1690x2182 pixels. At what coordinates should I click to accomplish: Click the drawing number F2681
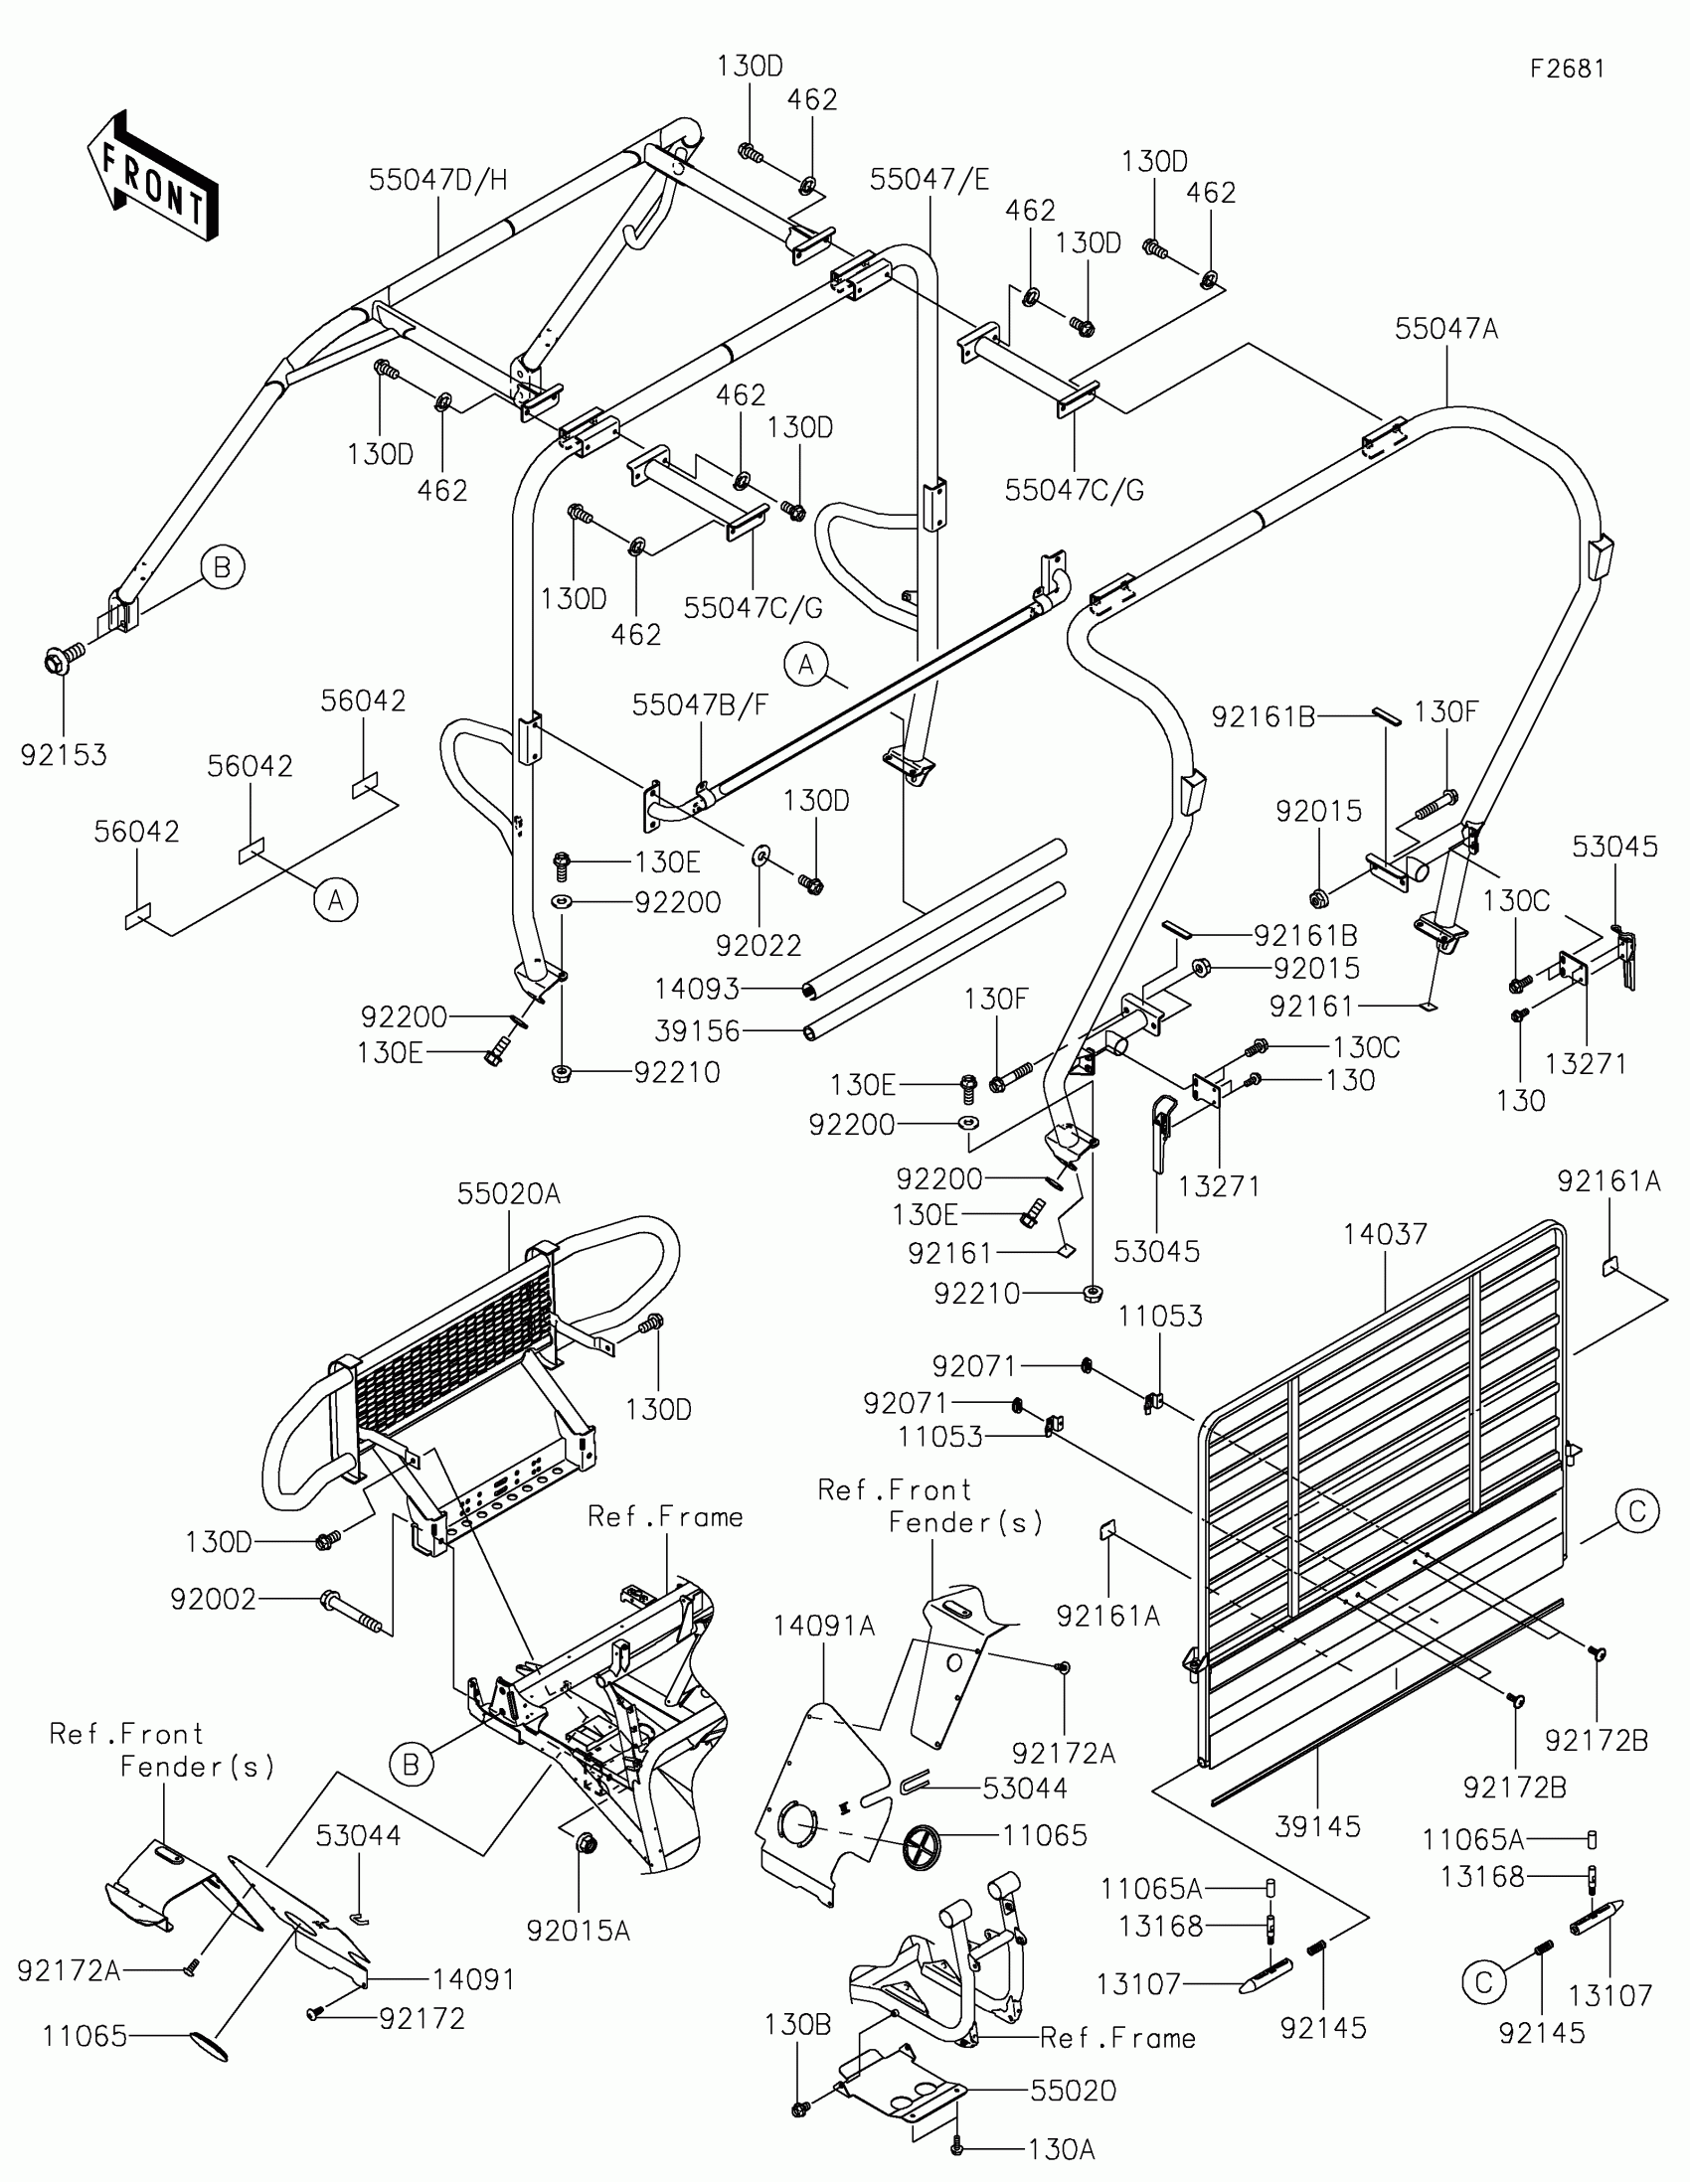tap(1567, 69)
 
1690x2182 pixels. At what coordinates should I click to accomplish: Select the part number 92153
tap(64, 755)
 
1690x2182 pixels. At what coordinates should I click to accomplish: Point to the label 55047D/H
tap(437, 180)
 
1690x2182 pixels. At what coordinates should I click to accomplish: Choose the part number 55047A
tap(1446, 329)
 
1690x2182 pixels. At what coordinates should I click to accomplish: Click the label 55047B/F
tap(700, 705)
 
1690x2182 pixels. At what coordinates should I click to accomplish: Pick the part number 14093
tap(697, 989)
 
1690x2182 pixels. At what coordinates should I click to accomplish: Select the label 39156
tap(697, 1031)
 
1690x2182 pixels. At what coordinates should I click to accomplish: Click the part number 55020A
tap(509, 1194)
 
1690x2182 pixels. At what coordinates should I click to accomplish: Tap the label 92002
tap(214, 1600)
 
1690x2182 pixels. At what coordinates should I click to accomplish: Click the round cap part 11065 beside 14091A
tap(923, 1848)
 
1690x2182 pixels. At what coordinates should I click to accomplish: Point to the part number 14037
tap(1385, 1235)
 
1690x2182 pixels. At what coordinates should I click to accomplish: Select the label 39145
tap(1318, 1827)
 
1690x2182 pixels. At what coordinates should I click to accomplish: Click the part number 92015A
tap(579, 1932)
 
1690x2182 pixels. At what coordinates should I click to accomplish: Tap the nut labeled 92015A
tap(587, 1844)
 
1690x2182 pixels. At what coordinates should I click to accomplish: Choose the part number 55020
tap(1074, 2090)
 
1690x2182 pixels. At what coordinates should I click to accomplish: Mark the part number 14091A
tap(823, 1627)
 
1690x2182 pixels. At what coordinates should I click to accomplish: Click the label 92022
tap(759, 945)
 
